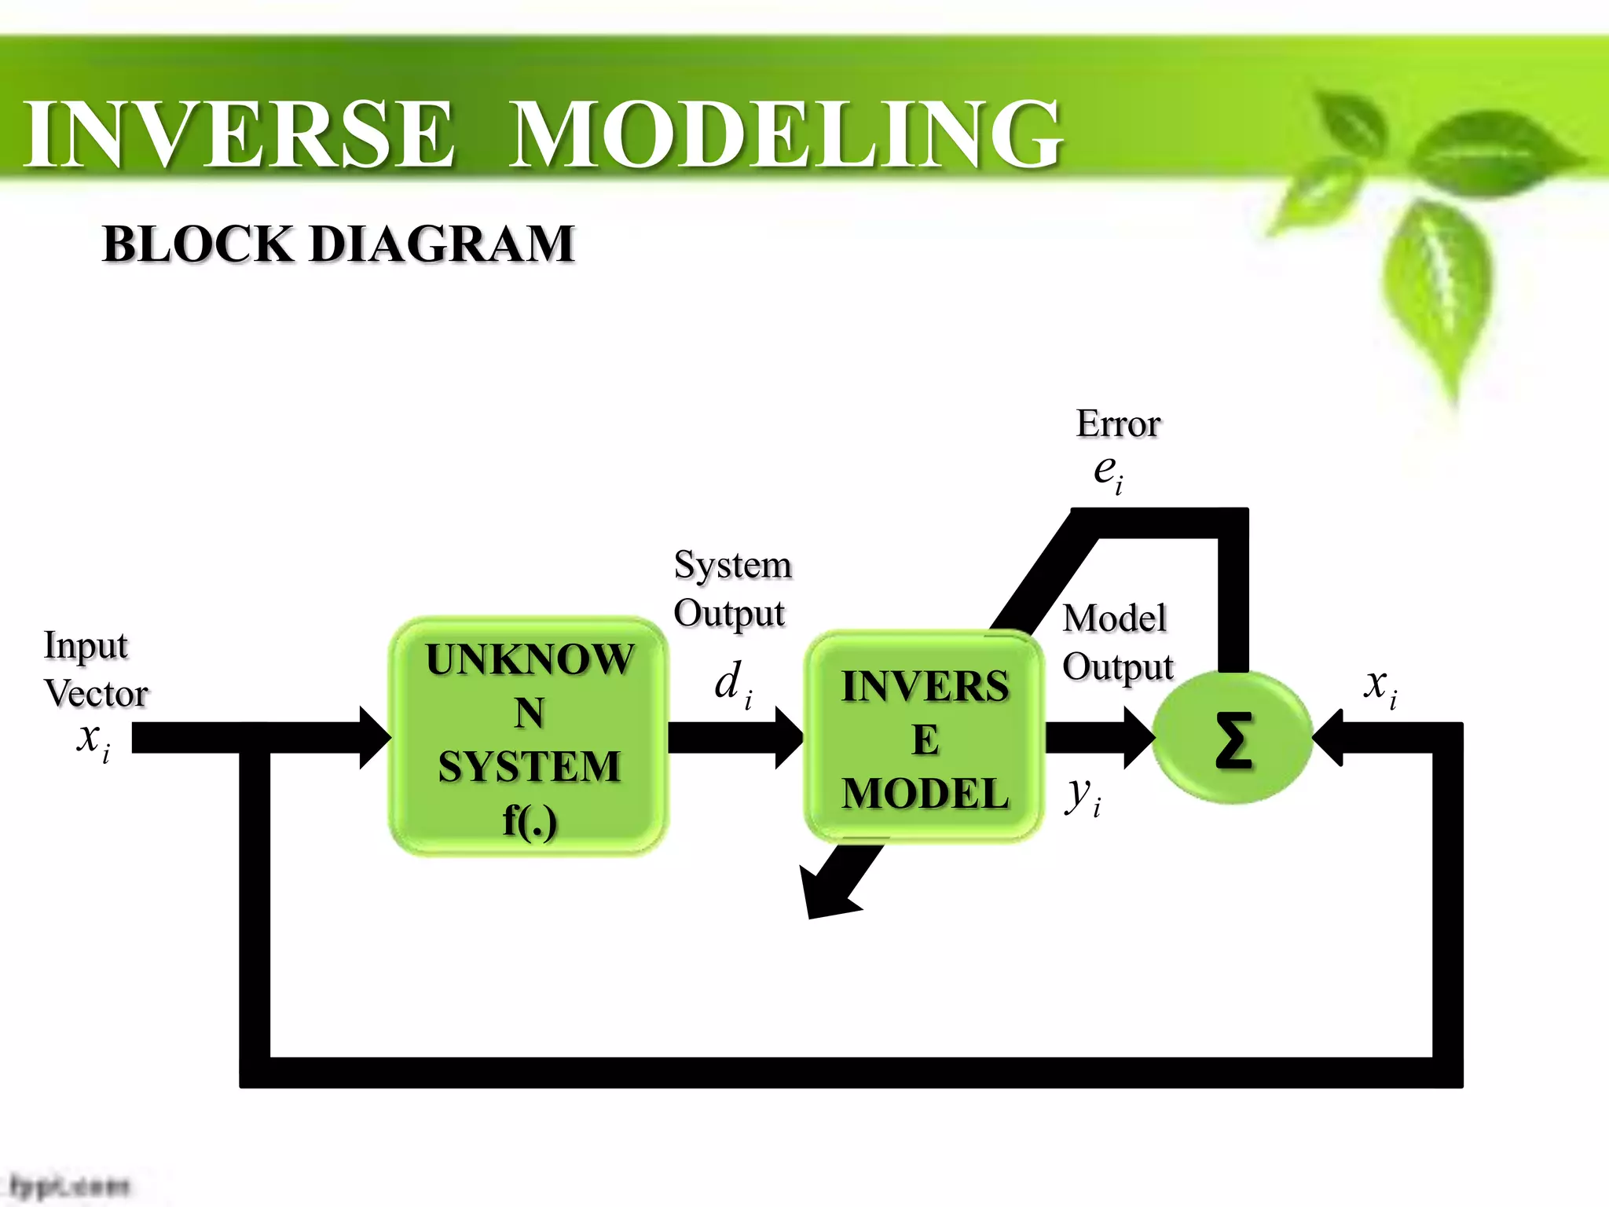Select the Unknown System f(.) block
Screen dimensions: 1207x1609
(529, 736)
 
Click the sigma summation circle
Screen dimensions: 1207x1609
(1232, 738)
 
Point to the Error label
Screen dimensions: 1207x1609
(1118, 424)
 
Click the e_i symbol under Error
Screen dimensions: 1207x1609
(1108, 472)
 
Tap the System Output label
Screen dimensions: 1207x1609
(731, 589)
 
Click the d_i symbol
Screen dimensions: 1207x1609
(732, 683)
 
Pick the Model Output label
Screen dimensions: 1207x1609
(1117, 642)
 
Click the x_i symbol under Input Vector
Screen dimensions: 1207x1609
(93, 739)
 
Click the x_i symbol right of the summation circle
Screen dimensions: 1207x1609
(1380, 685)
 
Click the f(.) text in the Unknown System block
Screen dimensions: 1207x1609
(530, 820)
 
